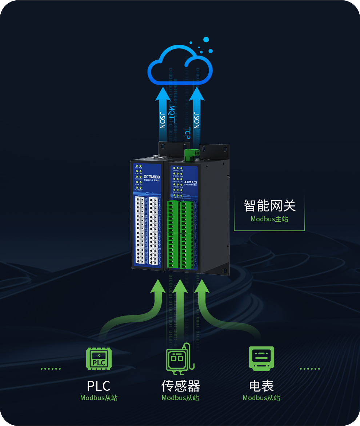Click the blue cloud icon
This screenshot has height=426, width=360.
180,65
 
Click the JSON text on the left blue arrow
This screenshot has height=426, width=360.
163,120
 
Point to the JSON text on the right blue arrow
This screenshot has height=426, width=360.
196,120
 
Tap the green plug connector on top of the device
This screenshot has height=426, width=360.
192,154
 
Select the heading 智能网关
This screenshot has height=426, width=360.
269,205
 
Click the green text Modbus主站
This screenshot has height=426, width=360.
269,219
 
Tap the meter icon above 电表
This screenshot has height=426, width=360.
261,358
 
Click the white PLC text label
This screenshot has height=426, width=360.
99,386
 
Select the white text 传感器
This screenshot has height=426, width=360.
180,386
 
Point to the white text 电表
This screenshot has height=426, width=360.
261,386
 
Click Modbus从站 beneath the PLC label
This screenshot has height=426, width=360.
99,398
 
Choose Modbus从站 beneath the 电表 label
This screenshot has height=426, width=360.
261,398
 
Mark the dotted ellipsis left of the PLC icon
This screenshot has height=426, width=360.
51,369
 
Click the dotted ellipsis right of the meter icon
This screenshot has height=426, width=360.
310,369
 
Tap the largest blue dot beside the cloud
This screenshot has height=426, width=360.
206,39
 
